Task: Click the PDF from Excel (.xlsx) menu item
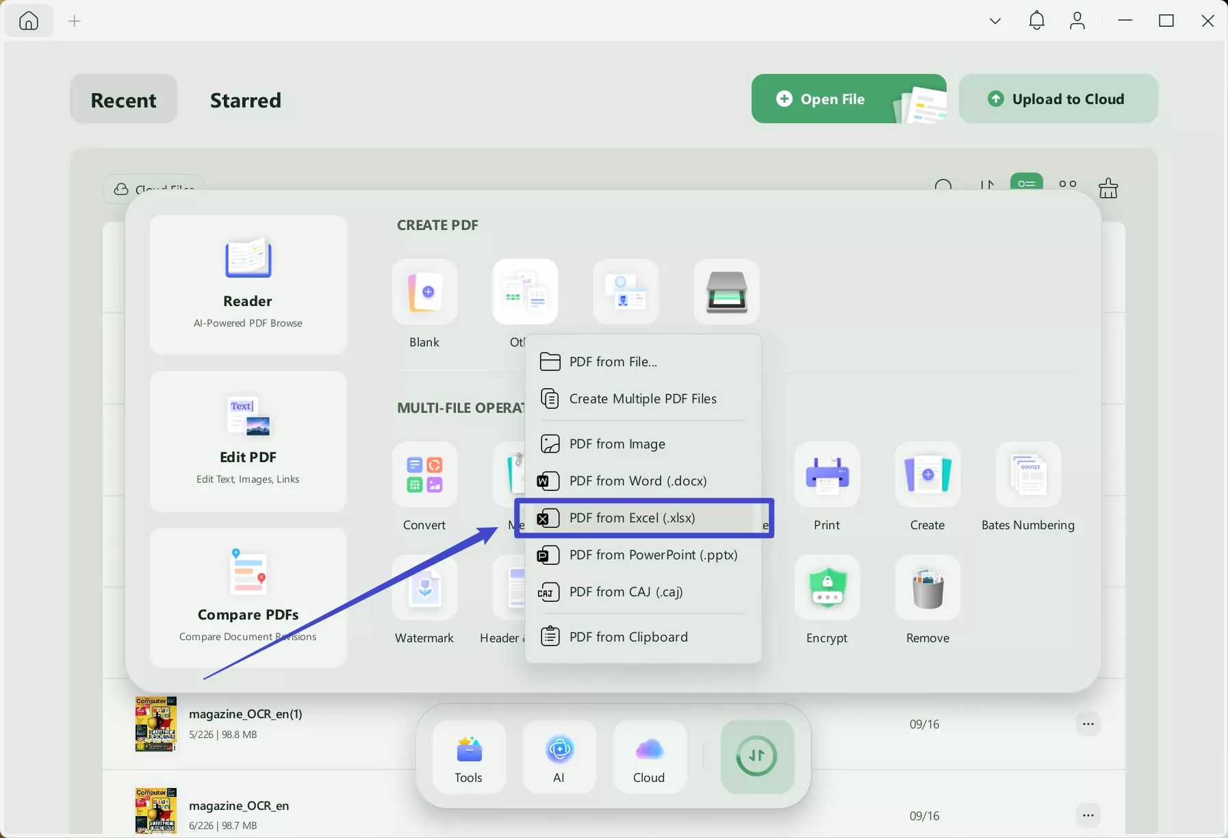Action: pyautogui.click(x=632, y=518)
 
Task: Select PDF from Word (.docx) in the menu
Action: pyautogui.click(x=637, y=481)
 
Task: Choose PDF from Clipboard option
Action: pyautogui.click(x=628, y=637)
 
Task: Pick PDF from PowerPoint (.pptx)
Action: pyautogui.click(x=652, y=555)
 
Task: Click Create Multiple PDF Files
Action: pyautogui.click(x=642, y=399)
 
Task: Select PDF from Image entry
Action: pyautogui.click(x=617, y=444)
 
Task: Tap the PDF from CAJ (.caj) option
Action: pyautogui.click(x=626, y=592)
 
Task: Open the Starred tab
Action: pyautogui.click(x=245, y=100)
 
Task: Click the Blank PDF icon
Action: pyautogui.click(x=424, y=292)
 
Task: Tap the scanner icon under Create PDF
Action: pyautogui.click(x=726, y=292)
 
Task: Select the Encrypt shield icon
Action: pyautogui.click(x=827, y=588)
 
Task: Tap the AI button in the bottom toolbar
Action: pyautogui.click(x=559, y=757)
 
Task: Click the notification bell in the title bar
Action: pyautogui.click(x=1036, y=21)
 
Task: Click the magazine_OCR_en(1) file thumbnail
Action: pyautogui.click(x=156, y=724)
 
